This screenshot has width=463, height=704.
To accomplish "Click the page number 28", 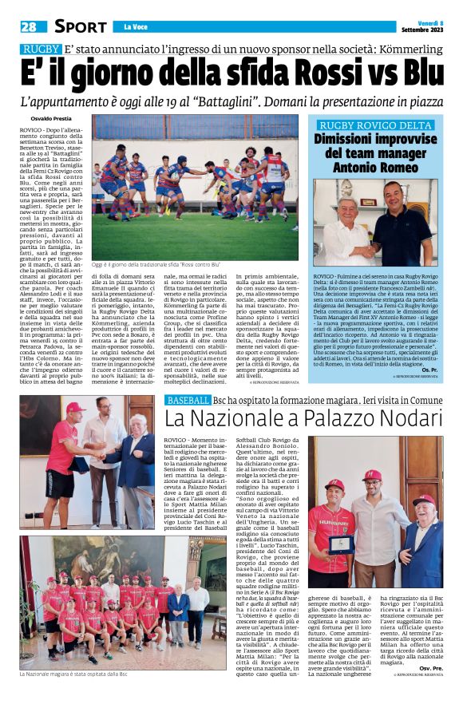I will (x=29, y=26).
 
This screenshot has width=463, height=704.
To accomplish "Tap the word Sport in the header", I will (x=81, y=26).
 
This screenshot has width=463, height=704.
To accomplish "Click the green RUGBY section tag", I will (x=41, y=49).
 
